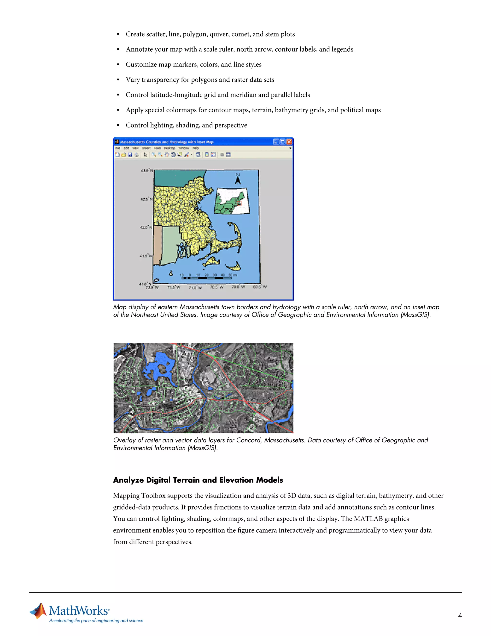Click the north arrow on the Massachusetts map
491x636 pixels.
238,179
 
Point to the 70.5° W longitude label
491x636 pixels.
217,287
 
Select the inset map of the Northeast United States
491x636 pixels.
232,201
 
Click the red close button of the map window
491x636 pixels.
289,142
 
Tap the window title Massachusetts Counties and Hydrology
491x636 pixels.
167,142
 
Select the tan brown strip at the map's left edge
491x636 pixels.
157,245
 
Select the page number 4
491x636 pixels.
460,615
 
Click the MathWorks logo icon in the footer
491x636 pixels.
39,611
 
